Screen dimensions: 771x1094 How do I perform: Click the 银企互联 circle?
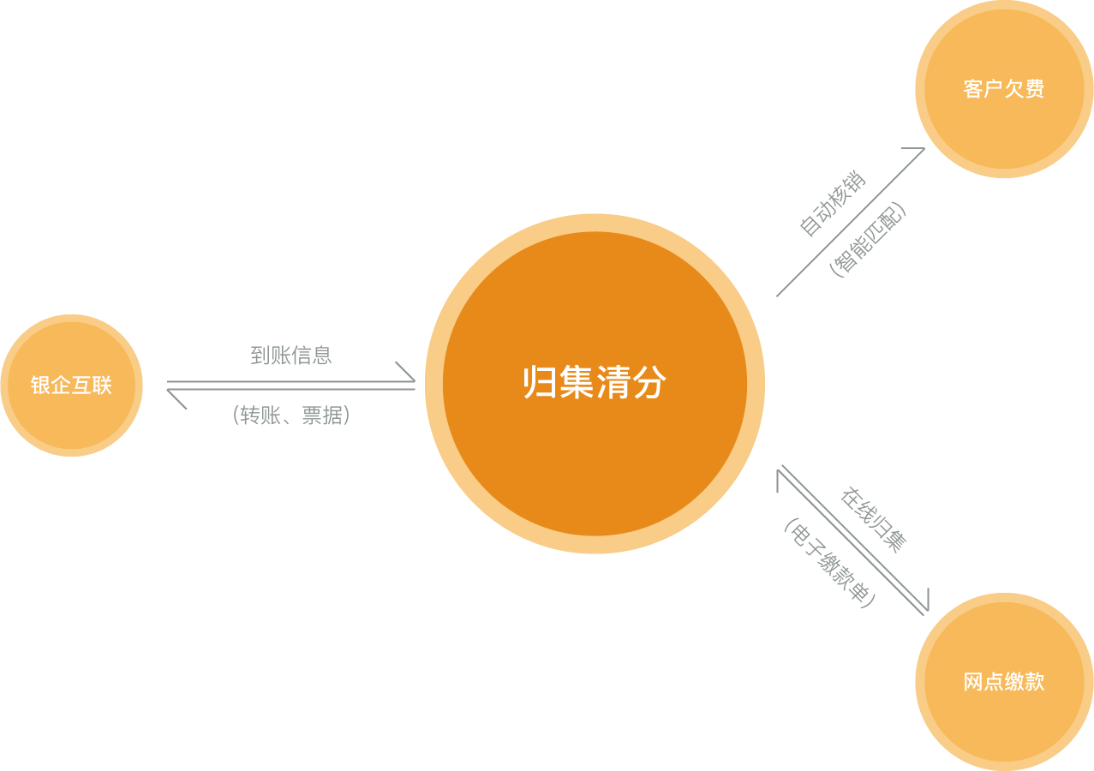coord(71,385)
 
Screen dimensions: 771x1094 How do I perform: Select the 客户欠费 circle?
coord(1004,89)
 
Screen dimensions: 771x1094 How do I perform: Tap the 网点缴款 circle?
coord(1004,682)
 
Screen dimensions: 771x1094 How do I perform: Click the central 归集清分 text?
coord(595,383)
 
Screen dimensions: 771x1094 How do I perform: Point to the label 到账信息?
coord(290,356)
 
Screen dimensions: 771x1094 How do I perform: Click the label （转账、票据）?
coord(290,416)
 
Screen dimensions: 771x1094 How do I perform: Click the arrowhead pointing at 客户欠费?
coord(919,152)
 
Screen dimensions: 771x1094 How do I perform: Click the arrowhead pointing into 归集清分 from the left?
coord(409,374)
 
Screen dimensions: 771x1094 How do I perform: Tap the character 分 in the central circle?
coord(650,383)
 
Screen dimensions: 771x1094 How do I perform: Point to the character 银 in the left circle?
coord(40,385)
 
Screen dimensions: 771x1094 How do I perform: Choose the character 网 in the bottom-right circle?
coord(973,682)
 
